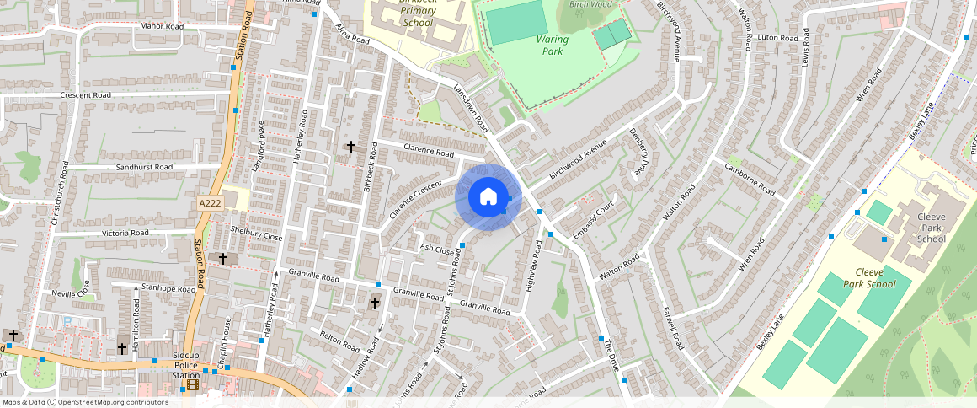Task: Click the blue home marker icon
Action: pos(488,198)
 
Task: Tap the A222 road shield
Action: pos(211,203)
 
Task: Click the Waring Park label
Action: pos(552,45)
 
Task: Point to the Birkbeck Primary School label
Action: pos(418,12)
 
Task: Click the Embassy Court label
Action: pos(595,221)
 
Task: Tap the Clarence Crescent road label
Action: pos(416,200)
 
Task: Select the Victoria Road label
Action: pos(125,233)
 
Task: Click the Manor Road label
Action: pos(162,26)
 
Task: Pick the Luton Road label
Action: pos(778,38)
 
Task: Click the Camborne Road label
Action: pos(750,178)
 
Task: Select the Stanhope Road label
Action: pos(168,288)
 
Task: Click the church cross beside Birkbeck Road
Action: pos(351,147)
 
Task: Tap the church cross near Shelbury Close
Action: pos(223,259)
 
